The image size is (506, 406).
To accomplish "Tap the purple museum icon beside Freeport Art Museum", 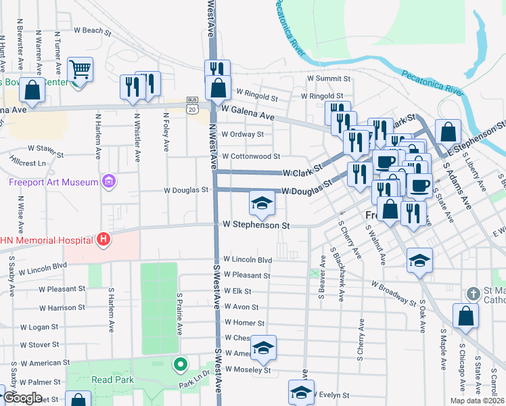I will click(x=107, y=181).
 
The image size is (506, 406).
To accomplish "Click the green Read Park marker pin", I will click(x=180, y=365).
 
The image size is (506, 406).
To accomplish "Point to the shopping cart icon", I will click(x=80, y=69).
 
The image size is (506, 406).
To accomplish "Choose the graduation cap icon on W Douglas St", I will click(x=262, y=202).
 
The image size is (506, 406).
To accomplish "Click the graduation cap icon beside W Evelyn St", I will click(x=301, y=392).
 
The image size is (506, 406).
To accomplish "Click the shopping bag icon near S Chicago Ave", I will click(x=465, y=316).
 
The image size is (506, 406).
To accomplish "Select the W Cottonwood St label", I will click(x=246, y=156).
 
